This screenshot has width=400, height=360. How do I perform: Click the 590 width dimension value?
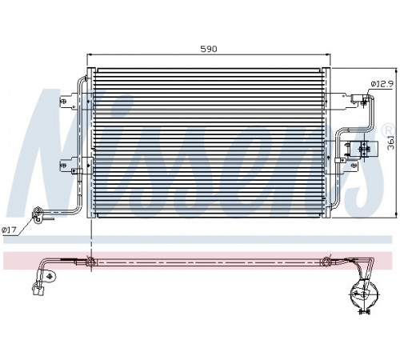(209, 49)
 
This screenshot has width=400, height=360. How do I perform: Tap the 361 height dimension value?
(391, 142)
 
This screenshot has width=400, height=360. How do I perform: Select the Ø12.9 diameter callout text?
(382, 84)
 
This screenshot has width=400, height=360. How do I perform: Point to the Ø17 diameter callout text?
(9, 230)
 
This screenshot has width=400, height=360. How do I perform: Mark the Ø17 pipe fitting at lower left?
(38, 214)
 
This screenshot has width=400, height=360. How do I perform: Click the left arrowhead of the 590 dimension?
(90, 54)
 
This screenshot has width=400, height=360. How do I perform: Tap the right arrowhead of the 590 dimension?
(328, 54)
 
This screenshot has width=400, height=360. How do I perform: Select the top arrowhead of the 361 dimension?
(396, 70)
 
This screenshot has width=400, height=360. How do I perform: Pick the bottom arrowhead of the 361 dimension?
(396, 215)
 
